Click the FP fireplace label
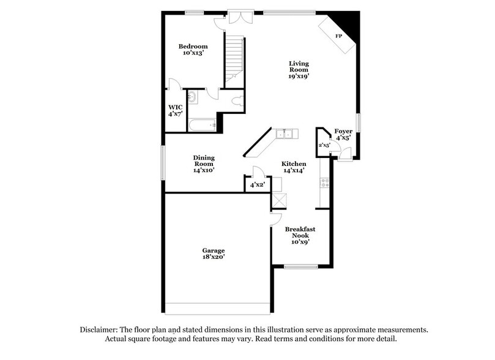[x=338, y=36]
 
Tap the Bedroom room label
[x=193, y=47]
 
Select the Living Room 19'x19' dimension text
[x=299, y=77]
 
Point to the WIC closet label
[x=176, y=107]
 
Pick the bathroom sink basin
[x=192, y=96]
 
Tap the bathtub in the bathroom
[x=203, y=126]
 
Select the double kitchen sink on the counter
[x=285, y=134]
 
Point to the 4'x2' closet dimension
[x=256, y=184]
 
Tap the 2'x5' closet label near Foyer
[x=324, y=145]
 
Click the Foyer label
[x=343, y=131]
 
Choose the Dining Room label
[x=204, y=160]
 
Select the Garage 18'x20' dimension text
[x=214, y=258]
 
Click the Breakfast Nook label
[x=300, y=231]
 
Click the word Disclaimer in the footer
[x=100, y=329]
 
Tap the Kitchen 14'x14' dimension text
[x=294, y=171]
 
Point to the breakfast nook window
[x=301, y=266]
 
